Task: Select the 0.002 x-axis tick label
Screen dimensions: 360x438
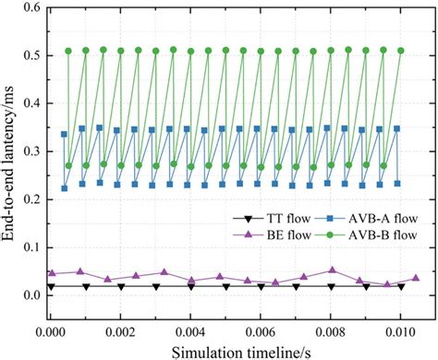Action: coord(120,328)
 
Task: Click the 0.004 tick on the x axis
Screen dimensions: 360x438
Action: coord(190,328)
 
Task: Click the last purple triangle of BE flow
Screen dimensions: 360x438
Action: coord(416,278)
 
